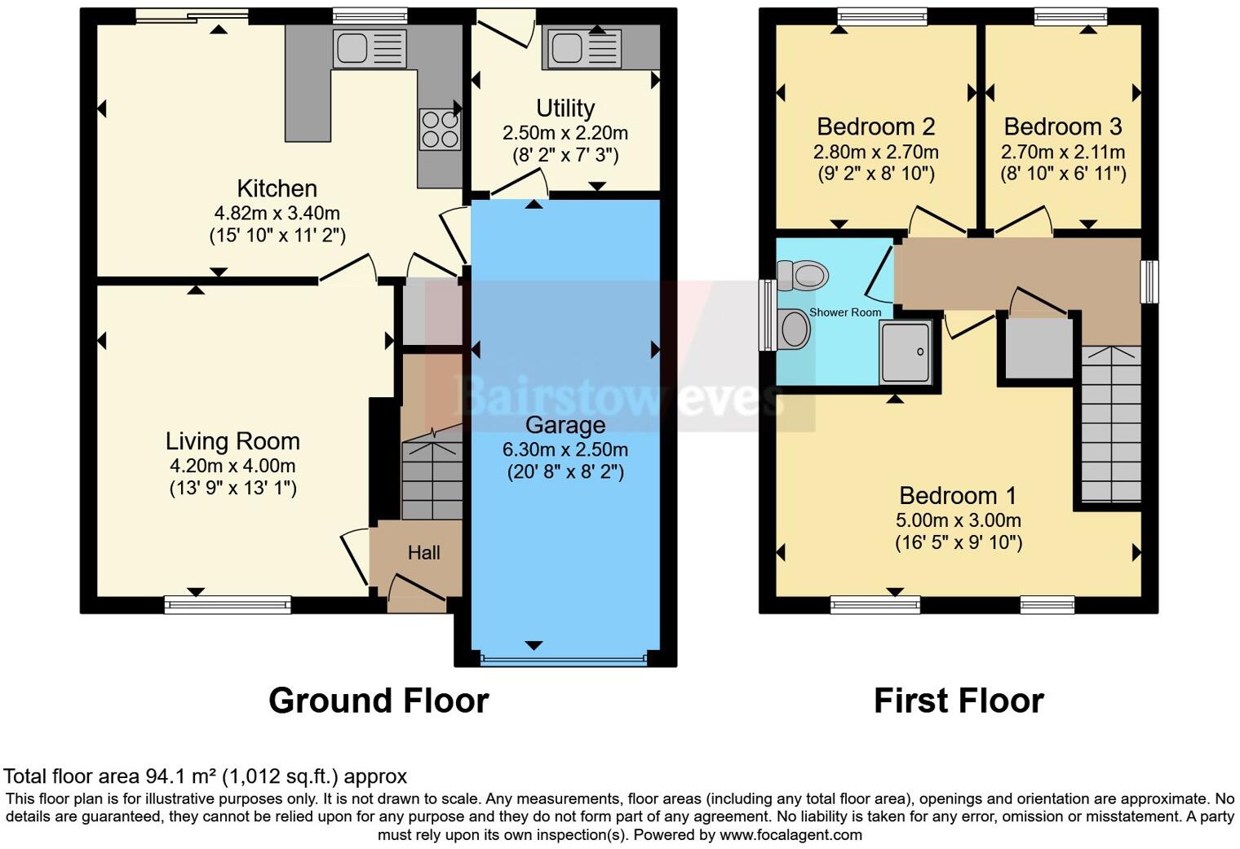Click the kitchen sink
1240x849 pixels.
click(369, 49)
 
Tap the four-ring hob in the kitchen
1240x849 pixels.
click(440, 130)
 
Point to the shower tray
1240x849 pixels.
click(905, 352)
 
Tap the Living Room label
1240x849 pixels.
click(232, 441)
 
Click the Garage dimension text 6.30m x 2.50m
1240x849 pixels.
click(565, 449)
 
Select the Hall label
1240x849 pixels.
click(423, 553)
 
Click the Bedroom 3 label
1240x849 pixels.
click(1062, 126)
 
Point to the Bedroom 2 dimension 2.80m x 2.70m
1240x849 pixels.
click(875, 152)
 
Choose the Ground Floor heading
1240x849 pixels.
click(379, 701)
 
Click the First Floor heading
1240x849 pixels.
click(959, 701)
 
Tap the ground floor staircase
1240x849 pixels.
click(432, 477)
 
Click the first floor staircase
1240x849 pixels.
click(1110, 424)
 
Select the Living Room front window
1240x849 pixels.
click(228, 604)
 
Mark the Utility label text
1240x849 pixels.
click(565, 108)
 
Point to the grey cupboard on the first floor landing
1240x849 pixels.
click(1038, 348)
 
